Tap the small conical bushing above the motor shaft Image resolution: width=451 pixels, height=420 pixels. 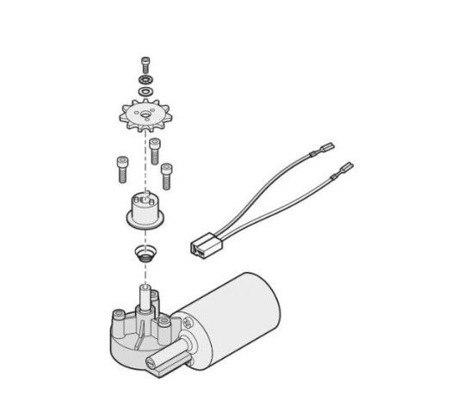coord(143,255)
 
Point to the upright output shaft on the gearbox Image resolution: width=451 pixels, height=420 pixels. coord(145,297)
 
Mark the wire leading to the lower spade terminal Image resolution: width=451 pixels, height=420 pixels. coord(284,202)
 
